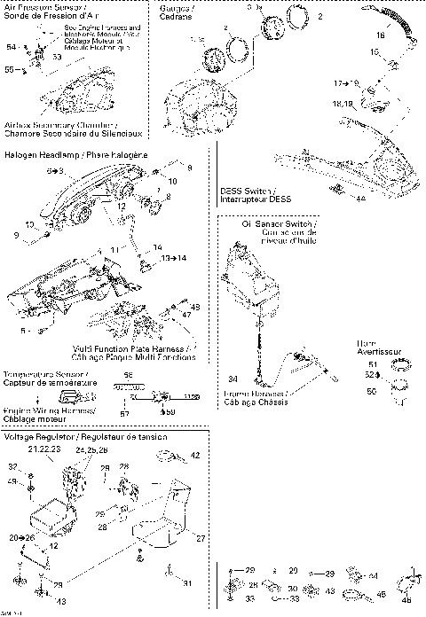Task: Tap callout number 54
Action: pyautogui.click(x=11, y=46)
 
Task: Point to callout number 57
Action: pyautogui.click(x=124, y=414)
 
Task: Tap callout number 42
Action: pyautogui.click(x=194, y=455)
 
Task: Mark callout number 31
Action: pyautogui.click(x=187, y=582)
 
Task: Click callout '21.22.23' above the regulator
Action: pyautogui.click(x=44, y=450)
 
